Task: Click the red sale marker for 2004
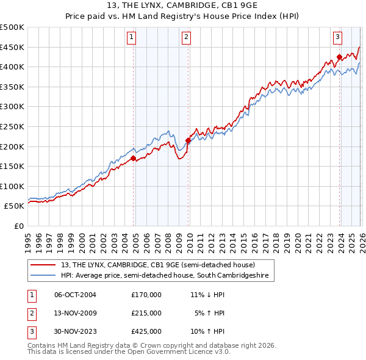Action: pos(133,159)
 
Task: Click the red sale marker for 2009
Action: pos(188,140)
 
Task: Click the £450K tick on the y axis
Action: pos(12,47)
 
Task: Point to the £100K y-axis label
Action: pos(12,186)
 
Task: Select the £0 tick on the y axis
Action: pos(18,226)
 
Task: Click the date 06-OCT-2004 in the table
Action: pos(75,295)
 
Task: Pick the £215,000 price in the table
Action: pos(146,313)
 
